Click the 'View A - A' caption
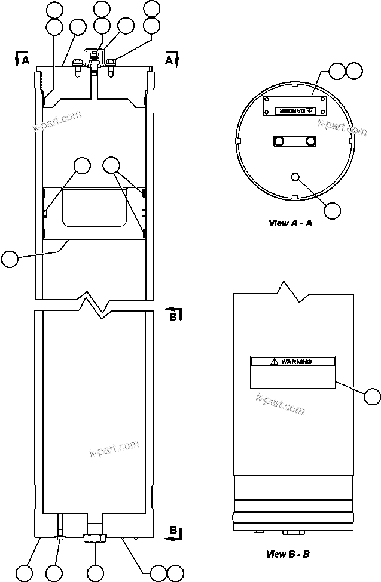coord(290,223)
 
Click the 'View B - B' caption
coord(288,554)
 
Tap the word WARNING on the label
coord(296,362)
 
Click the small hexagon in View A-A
coord(294,177)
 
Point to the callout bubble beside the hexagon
coord(331,210)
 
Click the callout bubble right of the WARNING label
coord(372,396)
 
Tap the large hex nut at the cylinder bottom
coord(96,538)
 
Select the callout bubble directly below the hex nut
coord(96,572)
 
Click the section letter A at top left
coord(25,60)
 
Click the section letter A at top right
coord(169,60)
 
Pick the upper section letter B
coord(172,316)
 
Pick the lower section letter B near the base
coord(172,531)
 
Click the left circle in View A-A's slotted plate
coord(279,141)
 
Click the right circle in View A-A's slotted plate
coord(309,141)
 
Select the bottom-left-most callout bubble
coord(23,572)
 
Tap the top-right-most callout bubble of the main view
coord(152,8)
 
